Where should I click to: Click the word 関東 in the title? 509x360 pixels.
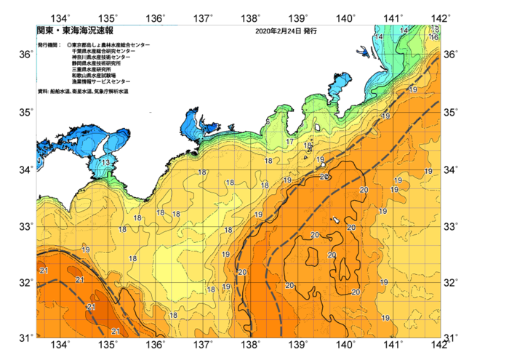44,31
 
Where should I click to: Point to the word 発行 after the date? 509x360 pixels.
310,32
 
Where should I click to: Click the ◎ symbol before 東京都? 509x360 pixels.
69,45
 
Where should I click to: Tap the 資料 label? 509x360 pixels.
42,91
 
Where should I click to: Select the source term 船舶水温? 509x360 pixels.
60,91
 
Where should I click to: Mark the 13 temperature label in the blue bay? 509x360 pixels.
105,162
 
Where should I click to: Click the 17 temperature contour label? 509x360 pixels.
289,142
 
